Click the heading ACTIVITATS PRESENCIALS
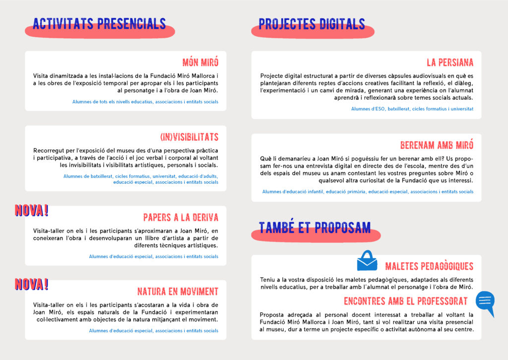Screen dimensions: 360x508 (x=99, y=23)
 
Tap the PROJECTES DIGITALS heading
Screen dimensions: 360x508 (x=312, y=24)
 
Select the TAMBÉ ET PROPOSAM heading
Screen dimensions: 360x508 (x=315, y=227)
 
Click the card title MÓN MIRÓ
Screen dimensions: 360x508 (x=200, y=63)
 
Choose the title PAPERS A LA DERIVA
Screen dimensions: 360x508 (x=181, y=217)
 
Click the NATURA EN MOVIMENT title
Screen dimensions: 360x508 (x=178, y=291)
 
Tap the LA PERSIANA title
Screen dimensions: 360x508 (x=450, y=63)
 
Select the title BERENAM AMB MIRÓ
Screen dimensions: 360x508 (x=437, y=145)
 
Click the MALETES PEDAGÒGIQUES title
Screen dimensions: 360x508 (x=429, y=267)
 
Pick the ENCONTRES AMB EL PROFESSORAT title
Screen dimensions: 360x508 (x=405, y=301)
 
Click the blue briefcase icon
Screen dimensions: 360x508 (x=367, y=261)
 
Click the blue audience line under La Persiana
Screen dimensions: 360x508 (x=412, y=109)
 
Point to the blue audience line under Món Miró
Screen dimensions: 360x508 (x=145, y=102)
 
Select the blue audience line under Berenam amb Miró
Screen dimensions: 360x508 (x=368, y=192)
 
